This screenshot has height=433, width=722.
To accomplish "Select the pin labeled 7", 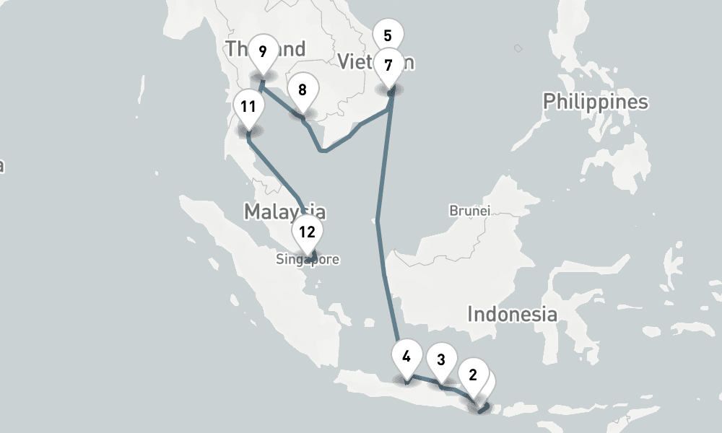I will [x=388, y=66].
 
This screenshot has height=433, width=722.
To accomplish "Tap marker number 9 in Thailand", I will [x=262, y=51].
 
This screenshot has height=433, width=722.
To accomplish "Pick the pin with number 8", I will [x=303, y=90].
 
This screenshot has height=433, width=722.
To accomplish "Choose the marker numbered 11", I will [x=248, y=108].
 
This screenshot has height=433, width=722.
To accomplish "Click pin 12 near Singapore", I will [x=308, y=232].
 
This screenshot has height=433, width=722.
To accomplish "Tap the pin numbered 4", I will [x=406, y=356].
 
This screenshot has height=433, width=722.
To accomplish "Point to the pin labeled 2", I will [x=473, y=375].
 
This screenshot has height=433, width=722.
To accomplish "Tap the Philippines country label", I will [x=596, y=102].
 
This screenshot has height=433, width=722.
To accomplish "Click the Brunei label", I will [x=470, y=211].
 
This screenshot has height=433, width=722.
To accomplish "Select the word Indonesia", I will [x=512, y=315].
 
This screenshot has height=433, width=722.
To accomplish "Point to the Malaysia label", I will [x=284, y=211].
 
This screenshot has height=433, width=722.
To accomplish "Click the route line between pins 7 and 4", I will [x=378, y=216].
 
